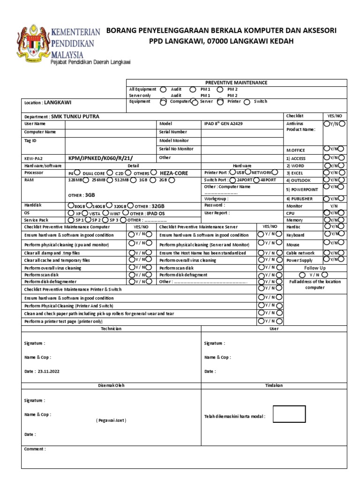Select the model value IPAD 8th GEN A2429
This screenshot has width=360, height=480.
click(224, 123)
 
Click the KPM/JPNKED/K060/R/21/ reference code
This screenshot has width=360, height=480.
click(104, 158)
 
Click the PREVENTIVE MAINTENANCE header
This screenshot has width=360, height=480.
click(236, 82)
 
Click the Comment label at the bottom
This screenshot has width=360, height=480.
click(35, 449)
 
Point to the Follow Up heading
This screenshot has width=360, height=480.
click(315, 268)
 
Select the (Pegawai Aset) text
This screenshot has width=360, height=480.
click(111, 420)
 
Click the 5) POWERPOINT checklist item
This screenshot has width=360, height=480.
click(302, 189)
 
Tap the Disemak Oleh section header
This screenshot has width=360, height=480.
click(111, 385)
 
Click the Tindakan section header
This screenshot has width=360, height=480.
click(274, 385)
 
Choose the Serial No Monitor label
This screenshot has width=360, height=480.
click(176, 149)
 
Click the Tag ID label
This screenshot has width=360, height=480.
click(31, 141)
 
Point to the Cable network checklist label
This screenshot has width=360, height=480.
click(300, 253)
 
